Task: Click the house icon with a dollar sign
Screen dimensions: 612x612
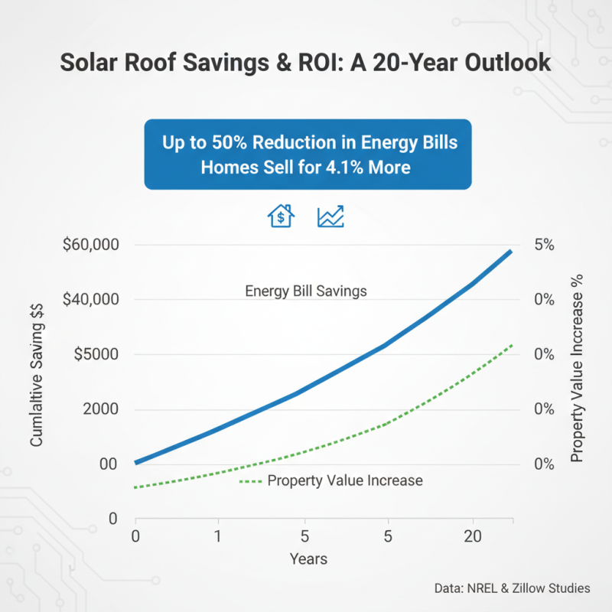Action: click(281, 216)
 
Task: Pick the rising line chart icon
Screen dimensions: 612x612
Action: click(330, 216)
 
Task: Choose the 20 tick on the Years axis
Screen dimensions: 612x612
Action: click(472, 535)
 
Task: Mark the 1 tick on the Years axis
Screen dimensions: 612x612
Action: click(219, 535)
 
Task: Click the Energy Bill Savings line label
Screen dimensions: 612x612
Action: click(305, 291)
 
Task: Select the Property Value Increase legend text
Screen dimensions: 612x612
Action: click(345, 480)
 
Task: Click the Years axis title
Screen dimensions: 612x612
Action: click(308, 559)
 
